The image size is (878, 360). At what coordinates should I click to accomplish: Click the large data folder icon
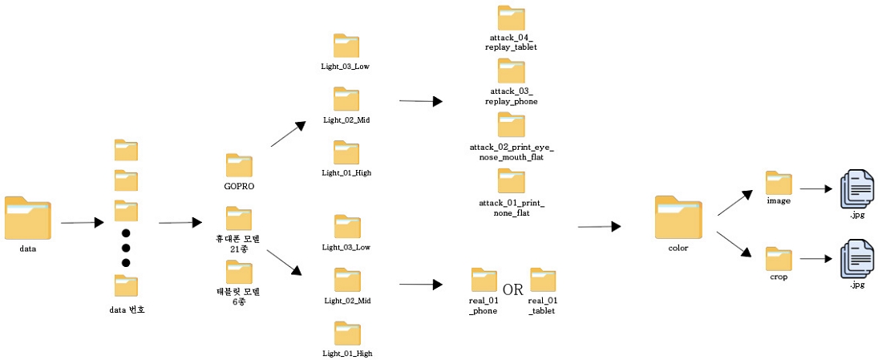pyautogui.click(x=26, y=218)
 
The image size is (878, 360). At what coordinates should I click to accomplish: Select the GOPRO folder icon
pyautogui.click(x=239, y=166)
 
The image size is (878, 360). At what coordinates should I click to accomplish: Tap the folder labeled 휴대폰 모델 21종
pyautogui.click(x=239, y=218)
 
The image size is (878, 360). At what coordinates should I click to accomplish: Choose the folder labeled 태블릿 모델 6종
pyautogui.click(x=239, y=272)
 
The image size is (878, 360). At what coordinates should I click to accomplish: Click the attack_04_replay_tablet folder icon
pyautogui.click(x=511, y=18)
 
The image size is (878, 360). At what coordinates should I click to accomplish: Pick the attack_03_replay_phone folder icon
pyautogui.click(x=511, y=71)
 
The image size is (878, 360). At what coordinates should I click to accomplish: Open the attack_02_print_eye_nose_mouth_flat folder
pyautogui.click(x=511, y=125)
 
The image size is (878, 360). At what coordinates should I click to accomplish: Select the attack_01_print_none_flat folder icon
pyautogui.click(x=511, y=180)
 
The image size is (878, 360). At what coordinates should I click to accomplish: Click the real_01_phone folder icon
pyautogui.click(x=484, y=280)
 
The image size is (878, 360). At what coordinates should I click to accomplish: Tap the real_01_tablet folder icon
pyautogui.click(x=543, y=280)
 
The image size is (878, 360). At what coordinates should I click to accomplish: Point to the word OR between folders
pyautogui.click(x=513, y=289)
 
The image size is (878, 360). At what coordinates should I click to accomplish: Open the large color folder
pyautogui.click(x=678, y=217)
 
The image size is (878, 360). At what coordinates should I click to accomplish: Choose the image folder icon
pyautogui.click(x=779, y=183)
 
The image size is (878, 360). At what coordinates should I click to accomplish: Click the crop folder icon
pyautogui.click(x=779, y=259)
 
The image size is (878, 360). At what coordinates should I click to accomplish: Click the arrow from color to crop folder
pyautogui.click(x=734, y=244)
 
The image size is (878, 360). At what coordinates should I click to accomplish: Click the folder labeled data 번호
pyautogui.click(x=126, y=286)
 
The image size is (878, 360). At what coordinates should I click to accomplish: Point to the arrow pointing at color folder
pyautogui.click(x=599, y=227)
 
